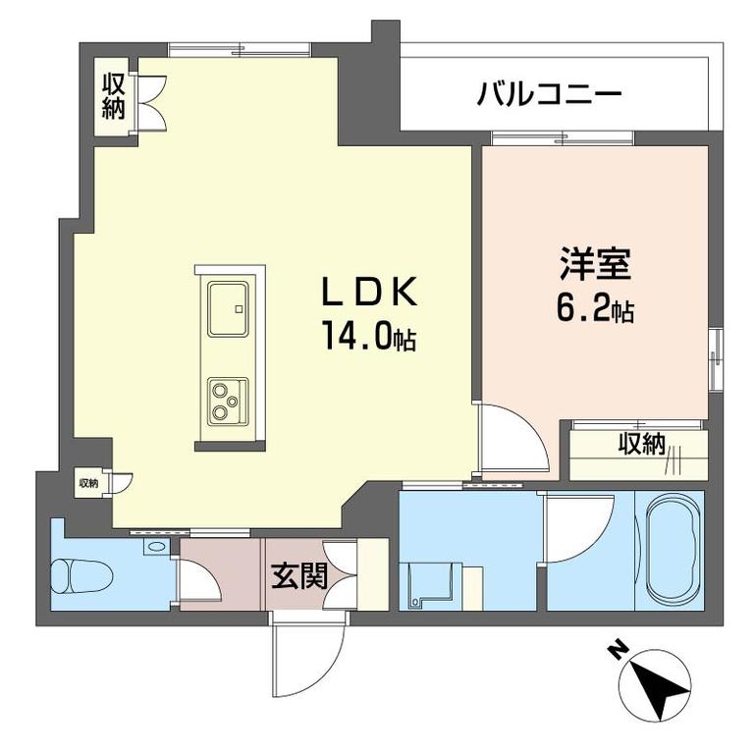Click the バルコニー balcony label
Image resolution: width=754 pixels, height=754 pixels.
[550, 94]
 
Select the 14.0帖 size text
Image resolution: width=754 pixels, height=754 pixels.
[365, 338]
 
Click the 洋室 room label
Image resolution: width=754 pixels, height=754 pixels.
[595, 266]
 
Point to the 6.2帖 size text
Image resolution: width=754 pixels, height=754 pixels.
[595, 310]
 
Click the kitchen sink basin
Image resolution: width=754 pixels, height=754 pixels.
[229, 309]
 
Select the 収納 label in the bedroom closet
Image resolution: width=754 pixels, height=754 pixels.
[641, 444]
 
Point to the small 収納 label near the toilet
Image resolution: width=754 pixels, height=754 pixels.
[88, 482]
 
